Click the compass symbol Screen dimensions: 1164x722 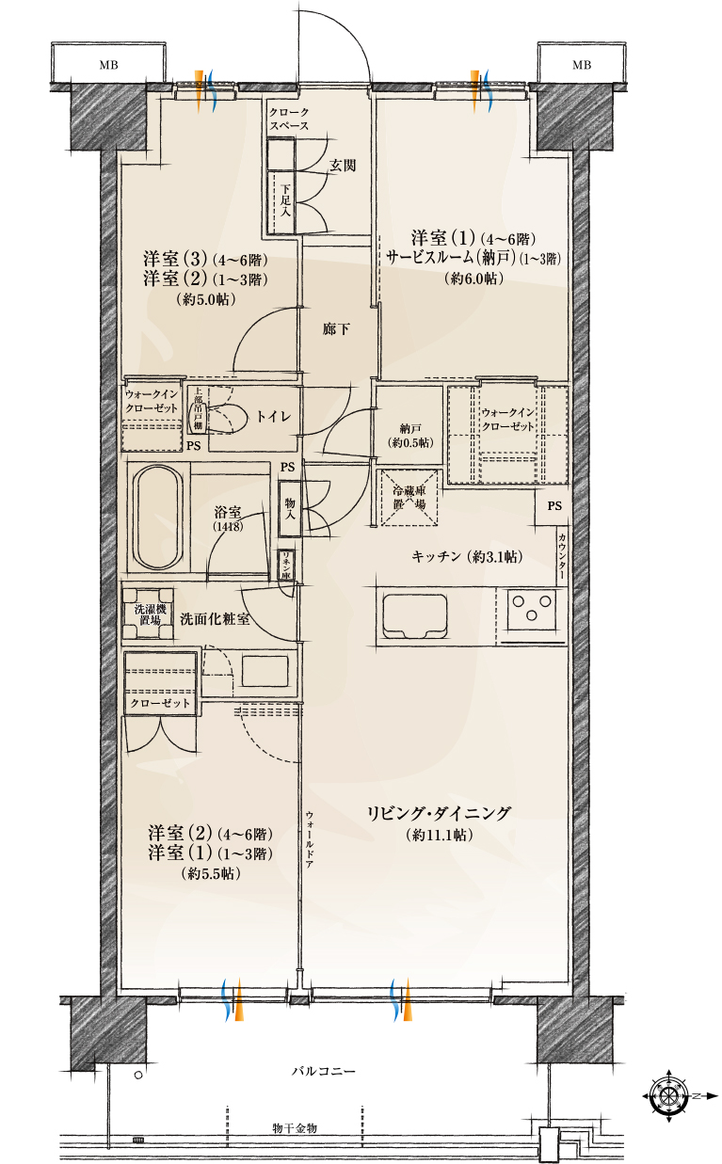click(669, 1095)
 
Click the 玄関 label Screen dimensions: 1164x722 click(342, 165)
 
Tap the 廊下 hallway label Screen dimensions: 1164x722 click(336, 329)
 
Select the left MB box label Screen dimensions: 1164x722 click(110, 65)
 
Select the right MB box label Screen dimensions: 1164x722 click(582, 65)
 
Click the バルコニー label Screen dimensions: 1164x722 click(323, 1072)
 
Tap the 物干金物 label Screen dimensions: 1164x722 click(295, 1127)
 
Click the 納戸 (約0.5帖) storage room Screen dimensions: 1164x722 click(409, 427)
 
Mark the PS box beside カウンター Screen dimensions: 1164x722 click(554, 506)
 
